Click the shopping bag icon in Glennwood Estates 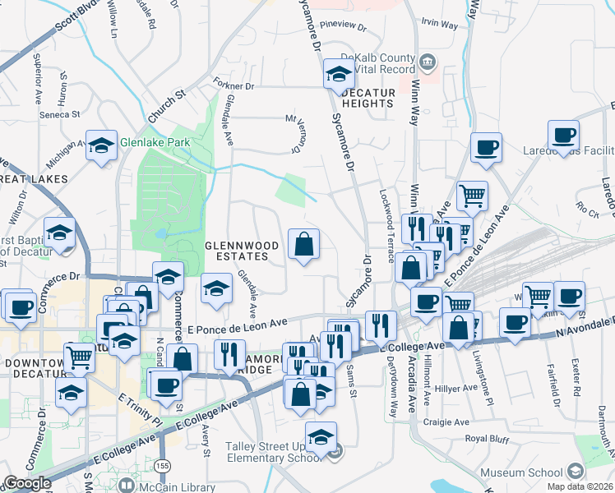point(304,244)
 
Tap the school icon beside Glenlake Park point(101,146)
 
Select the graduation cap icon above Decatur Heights point(338,74)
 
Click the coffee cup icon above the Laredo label point(564,135)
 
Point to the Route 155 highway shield point(164,466)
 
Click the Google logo point(27,482)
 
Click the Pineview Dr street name point(342,25)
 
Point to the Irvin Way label point(438,25)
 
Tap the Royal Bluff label point(488,438)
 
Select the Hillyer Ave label point(458,388)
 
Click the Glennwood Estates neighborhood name point(236,251)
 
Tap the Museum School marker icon point(575,471)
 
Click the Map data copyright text point(585,486)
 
